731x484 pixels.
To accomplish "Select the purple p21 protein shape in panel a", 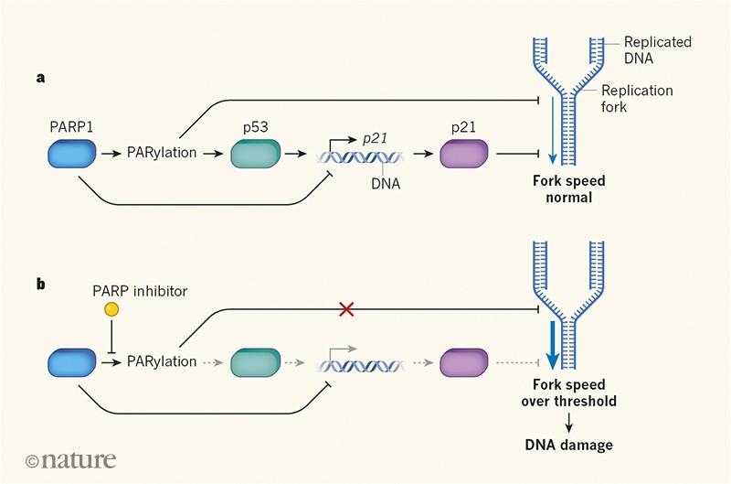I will click(x=465, y=153).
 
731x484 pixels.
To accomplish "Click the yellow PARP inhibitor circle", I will click(x=111, y=310).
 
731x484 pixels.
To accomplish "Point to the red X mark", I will click(x=347, y=310).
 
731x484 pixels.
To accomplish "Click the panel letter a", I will click(x=40, y=79).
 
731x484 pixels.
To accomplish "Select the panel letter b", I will click(x=40, y=285).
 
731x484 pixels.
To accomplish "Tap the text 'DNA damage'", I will click(x=568, y=445).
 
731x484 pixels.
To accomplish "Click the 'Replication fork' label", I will click(x=637, y=99).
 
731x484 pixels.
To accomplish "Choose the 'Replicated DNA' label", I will click(x=657, y=50).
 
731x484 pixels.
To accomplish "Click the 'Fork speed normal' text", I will click(x=569, y=188).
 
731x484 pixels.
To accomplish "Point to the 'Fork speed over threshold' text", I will click(x=569, y=393).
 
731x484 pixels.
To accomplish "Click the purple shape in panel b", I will click(x=465, y=361).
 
